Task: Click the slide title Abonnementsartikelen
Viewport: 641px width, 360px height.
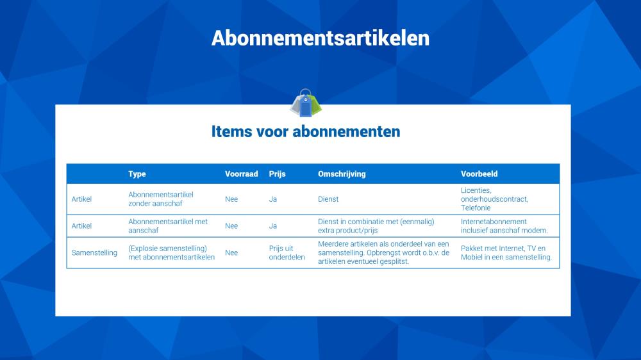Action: (x=320, y=38)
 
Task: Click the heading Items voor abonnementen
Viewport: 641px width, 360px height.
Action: (x=306, y=131)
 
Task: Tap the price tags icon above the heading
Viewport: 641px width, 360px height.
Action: (x=305, y=103)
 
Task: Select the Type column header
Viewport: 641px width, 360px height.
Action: (x=137, y=174)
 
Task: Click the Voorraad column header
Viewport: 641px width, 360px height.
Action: (x=241, y=174)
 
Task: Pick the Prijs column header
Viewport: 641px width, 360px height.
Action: (x=277, y=174)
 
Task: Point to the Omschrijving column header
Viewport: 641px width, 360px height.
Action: (x=342, y=174)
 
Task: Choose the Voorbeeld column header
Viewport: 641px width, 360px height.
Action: (x=479, y=174)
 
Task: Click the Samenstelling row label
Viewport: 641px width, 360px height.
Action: (x=94, y=253)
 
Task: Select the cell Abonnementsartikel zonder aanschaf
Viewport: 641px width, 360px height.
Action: (x=161, y=199)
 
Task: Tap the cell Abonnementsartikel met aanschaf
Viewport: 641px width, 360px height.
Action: (x=168, y=226)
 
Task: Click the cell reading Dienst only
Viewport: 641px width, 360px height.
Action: (x=328, y=199)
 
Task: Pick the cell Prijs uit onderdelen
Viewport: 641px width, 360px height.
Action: (x=287, y=253)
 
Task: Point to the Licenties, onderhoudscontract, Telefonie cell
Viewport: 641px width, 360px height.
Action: (x=494, y=199)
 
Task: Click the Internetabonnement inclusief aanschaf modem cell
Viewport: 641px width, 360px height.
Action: (x=504, y=226)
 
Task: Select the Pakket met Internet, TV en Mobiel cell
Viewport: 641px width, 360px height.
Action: (x=506, y=253)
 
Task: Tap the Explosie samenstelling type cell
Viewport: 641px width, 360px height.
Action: (x=171, y=253)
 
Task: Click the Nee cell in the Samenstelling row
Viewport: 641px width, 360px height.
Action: (x=231, y=253)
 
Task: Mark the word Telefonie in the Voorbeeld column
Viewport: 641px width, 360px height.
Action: (x=476, y=208)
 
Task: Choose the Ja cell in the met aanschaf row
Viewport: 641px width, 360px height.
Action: (x=272, y=226)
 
